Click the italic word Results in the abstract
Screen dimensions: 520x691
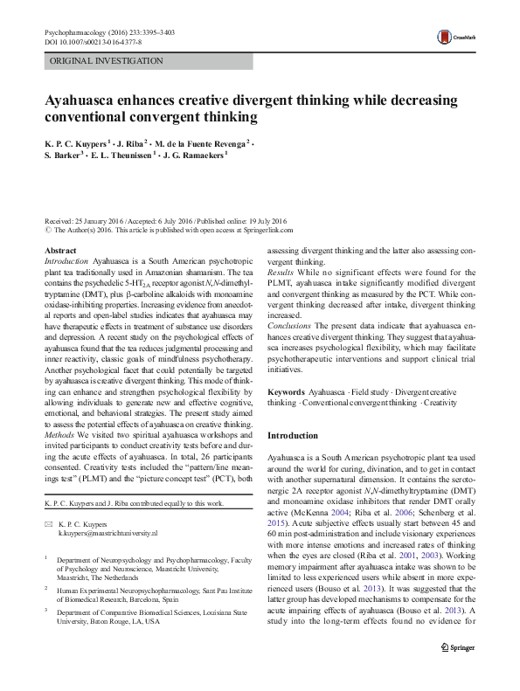[x=281, y=273]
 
